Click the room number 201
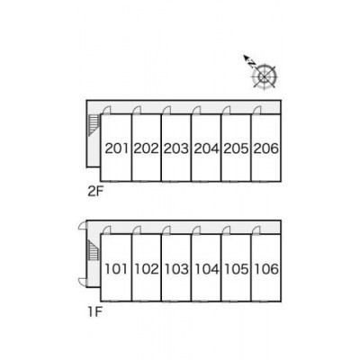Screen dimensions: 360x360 [117, 148]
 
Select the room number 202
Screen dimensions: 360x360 [146, 148]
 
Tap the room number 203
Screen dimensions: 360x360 [176, 148]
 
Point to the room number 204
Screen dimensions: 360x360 [207, 148]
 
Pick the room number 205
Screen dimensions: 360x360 [237, 148]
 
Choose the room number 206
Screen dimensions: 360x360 [266, 148]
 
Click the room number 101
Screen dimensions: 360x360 [116, 269]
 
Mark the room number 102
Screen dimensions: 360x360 [147, 269]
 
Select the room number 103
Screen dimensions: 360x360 [176, 269]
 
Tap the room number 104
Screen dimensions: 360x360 [207, 269]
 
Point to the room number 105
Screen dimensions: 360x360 [237, 269]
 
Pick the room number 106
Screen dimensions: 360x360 [266, 269]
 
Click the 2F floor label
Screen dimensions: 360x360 [95, 192]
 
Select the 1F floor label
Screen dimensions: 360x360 [95, 312]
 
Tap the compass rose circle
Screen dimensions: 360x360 [265, 76]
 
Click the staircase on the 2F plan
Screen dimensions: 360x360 [94, 126]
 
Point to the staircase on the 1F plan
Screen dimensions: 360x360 [94, 251]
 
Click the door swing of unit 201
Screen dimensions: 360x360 [106, 111]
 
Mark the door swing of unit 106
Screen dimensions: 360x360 [256, 230]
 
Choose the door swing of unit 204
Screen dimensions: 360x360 [197, 111]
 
